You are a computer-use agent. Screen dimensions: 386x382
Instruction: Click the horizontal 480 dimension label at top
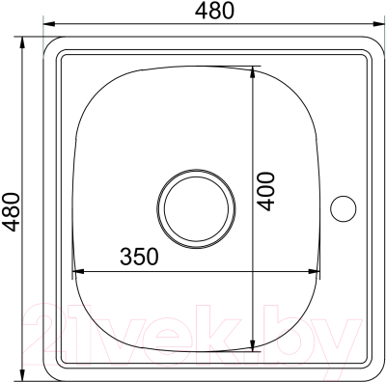pos(214,11)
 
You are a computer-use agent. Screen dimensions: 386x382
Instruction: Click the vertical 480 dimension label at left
pos(10,211)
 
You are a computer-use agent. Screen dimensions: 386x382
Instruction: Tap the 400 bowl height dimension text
pos(267,192)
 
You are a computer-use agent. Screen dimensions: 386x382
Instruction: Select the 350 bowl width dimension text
pos(139,257)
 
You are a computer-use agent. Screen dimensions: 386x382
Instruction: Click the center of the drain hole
pos(196,208)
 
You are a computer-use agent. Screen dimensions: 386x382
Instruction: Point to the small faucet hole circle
pos(344,208)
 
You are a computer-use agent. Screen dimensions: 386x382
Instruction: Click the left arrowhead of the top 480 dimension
pos(49,24)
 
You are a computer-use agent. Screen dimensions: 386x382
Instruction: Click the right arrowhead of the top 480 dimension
pos(379,24)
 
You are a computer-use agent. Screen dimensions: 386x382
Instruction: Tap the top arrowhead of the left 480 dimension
pos(22,43)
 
